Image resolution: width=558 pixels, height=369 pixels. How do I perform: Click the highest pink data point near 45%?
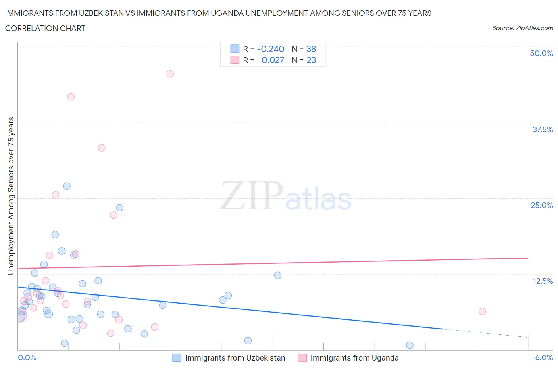[x=170, y=74]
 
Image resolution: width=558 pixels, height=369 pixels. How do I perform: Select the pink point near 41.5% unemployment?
[x=71, y=97]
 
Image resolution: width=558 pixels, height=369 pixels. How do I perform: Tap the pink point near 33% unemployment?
[x=102, y=148]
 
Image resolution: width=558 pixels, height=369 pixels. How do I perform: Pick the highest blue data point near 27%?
[x=67, y=186]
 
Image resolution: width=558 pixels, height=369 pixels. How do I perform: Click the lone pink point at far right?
[x=482, y=311]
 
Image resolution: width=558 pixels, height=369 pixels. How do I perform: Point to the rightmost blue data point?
[x=410, y=345]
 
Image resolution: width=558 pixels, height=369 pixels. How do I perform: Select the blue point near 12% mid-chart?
[x=278, y=275]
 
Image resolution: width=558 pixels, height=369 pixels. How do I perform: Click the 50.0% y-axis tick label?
[x=541, y=53]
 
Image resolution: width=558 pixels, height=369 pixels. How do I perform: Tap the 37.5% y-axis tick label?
[x=543, y=129]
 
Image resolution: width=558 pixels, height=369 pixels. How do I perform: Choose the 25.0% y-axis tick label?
[x=542, y=205]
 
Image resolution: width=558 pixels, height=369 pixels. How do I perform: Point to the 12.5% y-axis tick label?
[x=543, y=281]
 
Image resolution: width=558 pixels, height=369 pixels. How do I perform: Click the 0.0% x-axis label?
[x=27, y=357]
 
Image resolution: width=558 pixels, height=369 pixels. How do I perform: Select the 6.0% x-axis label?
[x=544, y=357]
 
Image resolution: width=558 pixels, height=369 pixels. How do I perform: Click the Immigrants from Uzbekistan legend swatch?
[x=177, y=358]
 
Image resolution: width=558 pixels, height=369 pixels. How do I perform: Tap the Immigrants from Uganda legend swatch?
[x=302, y=358]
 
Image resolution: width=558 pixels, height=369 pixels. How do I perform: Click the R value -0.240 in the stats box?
[x=271, y=49]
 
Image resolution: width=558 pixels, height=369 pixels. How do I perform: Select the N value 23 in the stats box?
[x=311, y=60]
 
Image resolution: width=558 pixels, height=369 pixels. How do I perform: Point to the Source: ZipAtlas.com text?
[x=522, y=28]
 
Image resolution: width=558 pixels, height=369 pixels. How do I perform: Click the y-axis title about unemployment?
[x=11, y=196]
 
